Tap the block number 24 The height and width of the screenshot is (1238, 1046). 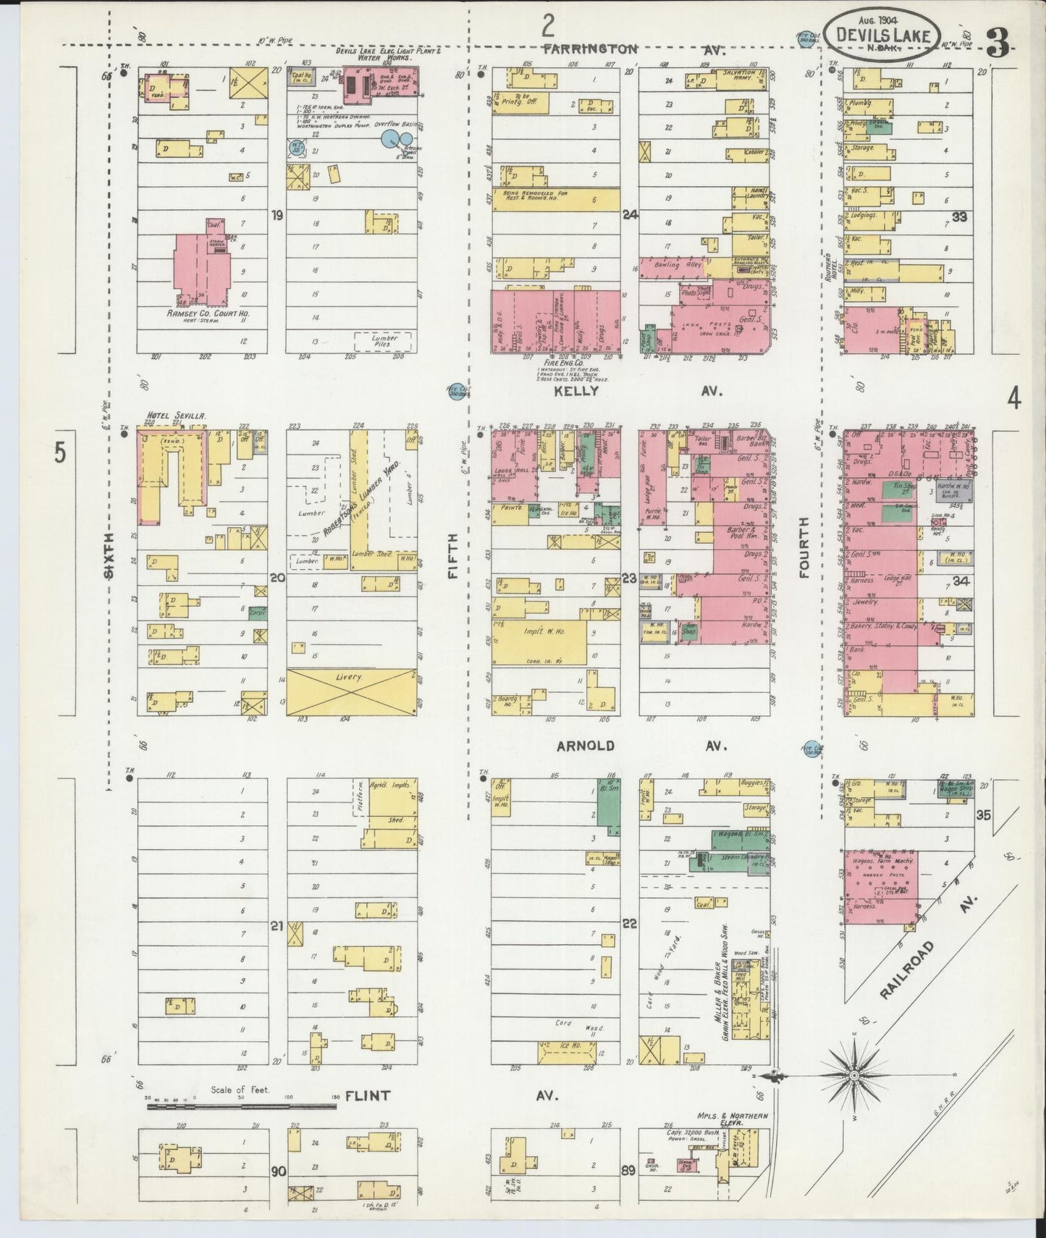point(630,214)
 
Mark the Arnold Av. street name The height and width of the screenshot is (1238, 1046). point(637,746)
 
